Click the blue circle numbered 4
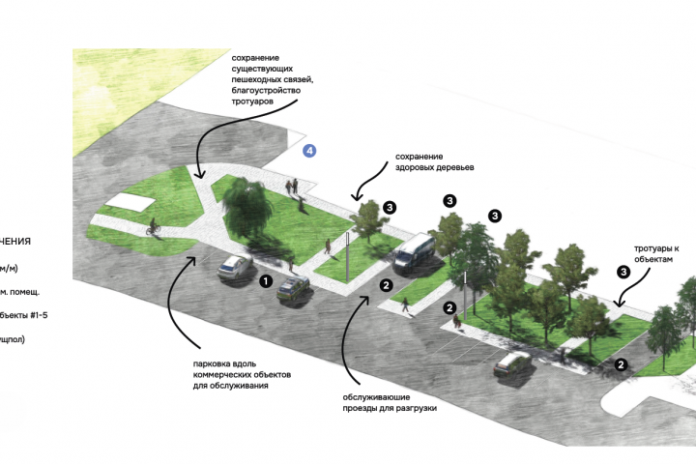[x=309, y=151]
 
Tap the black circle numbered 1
[x=265, y=281]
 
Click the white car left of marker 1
[x=235, y=266]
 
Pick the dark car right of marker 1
[x=295, y=288]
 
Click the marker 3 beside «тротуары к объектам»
[x=623, y=273]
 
